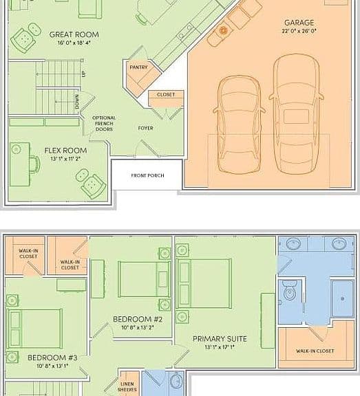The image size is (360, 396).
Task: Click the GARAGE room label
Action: pos(299,23)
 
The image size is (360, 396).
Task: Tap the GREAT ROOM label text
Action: pos(74,34)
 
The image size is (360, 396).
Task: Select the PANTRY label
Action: pos(138,67)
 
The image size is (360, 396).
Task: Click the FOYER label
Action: pos(146,129)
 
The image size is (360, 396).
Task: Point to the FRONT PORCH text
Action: pos(147,175)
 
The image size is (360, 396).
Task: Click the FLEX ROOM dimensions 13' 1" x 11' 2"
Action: pos(65,159)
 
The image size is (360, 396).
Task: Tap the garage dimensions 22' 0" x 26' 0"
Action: pos(299,31)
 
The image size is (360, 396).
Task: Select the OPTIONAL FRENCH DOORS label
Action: pos(104,124)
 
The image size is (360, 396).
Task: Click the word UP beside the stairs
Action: pos(84,74)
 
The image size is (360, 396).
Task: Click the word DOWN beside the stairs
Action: pos(77,102)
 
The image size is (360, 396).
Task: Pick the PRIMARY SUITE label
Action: pos(220,339)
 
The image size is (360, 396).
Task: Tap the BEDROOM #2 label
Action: pos(138,319)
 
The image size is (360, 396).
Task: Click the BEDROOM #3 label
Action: pos(52,357)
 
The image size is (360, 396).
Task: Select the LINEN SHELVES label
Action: pos(127,386)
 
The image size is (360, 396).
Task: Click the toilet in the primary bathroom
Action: pos(289,290)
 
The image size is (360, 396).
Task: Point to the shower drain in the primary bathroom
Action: pos(343,298)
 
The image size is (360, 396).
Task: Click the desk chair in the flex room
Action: pos(35,164)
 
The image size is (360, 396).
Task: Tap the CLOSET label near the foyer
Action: pos(166,95)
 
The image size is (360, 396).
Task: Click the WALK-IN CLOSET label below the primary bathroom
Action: pos(315,351)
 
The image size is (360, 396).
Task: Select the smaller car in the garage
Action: pos(239,125)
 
